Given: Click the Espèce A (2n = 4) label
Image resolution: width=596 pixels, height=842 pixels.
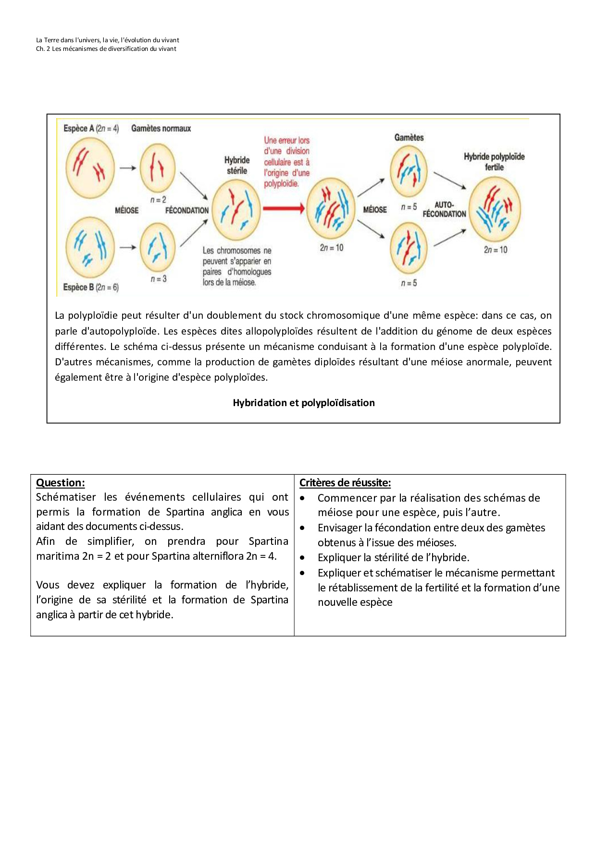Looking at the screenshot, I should (91, 129).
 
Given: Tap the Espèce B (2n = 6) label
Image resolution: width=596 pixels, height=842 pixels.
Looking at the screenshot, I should (91, 287).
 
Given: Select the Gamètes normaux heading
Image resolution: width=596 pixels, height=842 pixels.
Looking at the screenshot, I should (161, 129).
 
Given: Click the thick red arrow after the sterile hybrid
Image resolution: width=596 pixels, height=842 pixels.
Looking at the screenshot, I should (284, 208).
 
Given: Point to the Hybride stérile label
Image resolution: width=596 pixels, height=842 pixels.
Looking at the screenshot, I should (237, 165).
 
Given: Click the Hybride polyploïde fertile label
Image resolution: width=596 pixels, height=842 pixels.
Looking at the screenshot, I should (494, 162).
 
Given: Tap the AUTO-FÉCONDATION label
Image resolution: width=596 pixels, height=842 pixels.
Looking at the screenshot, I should (445, 209).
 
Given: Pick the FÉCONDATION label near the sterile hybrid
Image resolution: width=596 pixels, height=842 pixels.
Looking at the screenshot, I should (187, 210).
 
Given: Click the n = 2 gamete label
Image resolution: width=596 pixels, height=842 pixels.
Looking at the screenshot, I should (158, 200).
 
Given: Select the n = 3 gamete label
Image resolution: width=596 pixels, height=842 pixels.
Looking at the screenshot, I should (159, 279).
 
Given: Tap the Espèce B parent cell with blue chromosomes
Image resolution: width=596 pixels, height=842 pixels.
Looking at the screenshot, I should (90, 247).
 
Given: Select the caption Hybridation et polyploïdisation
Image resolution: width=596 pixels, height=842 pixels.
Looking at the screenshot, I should (304, 403).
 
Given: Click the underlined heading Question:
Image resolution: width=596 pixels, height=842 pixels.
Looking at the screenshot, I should (61, 483).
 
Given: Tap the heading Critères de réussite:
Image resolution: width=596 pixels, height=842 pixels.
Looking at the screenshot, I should (345, 483).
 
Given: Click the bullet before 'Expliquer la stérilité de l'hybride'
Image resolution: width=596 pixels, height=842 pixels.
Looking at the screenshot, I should (302, 558).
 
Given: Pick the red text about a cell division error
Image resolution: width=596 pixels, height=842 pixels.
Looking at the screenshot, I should (287, 162).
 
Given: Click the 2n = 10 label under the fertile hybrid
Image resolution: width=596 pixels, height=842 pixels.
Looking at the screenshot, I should (496, 250).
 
